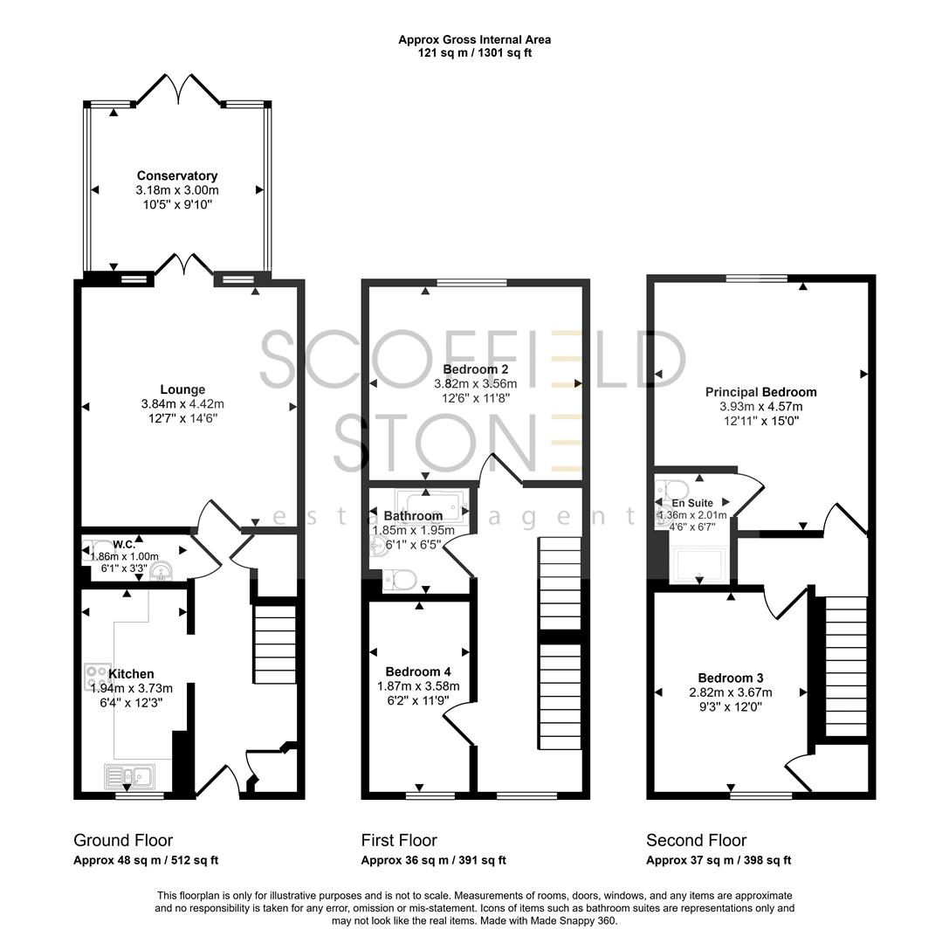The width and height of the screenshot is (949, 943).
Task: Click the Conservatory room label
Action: pyautogui.click(x=177, y=176)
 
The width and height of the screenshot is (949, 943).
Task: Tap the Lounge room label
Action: pyautogui.click(x=182, y=389)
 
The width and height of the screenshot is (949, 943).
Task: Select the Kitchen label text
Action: pyautogui.click(x=131, y=674)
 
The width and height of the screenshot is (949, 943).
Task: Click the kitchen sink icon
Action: pyautogui.click(x=127, y=775)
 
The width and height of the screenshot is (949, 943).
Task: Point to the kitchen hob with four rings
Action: pyautogui.click(x=95, y=678)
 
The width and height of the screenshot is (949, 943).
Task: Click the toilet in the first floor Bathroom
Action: pyautogui.click(x=402, y=579)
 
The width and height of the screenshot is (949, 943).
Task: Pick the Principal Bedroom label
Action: pyautogui.click(x=760, y=392)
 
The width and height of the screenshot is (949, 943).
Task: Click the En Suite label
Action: pyautogui.click(x=692, y=504)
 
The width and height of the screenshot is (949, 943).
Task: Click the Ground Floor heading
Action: pyautogui.click(x=123, y=841)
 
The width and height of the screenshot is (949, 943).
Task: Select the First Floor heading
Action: pyautogui.click(x=399, y=841)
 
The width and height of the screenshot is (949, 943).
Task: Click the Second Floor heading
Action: pyautogui.click(x=696, y=841)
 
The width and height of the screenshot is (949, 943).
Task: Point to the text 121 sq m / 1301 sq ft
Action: pyautogui.click(x=474, y=52)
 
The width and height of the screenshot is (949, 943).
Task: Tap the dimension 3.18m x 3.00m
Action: pyautogui.click(x=177, y=190)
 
